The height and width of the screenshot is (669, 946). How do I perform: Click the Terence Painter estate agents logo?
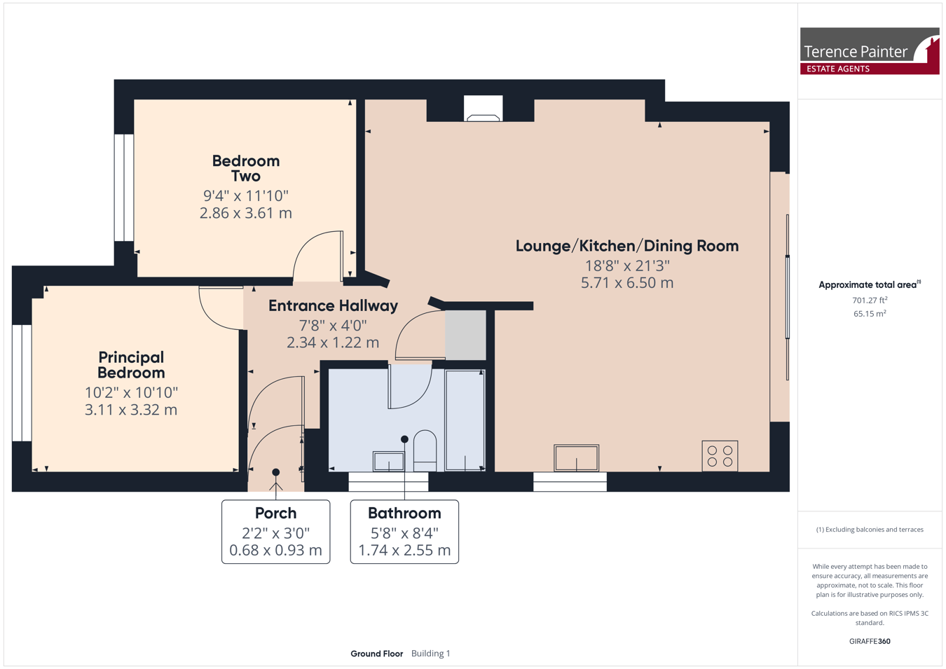870,51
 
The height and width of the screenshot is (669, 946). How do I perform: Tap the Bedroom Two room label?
246,168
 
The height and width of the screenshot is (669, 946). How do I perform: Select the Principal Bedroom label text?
131,365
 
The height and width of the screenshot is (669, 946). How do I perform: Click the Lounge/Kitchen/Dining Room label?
627,246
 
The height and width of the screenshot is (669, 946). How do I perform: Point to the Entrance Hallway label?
334,305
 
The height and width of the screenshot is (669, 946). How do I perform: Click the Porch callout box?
276,532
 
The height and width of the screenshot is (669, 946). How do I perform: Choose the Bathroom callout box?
404,532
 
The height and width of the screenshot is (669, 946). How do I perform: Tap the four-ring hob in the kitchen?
720,456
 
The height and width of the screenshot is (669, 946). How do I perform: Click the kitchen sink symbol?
577,458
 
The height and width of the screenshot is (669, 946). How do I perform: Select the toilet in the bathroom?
425,450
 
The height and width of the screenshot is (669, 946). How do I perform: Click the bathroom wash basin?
388,462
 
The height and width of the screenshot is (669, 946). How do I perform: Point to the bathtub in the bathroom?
465,420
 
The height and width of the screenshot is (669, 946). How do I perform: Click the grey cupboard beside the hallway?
465,335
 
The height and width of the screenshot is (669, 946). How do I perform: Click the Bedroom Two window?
124,188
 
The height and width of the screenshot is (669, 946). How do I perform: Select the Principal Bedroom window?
22,382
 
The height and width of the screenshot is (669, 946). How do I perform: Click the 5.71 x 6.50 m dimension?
627,283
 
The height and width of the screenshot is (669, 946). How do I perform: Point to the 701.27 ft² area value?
870,300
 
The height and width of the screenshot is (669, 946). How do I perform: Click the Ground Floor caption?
377,654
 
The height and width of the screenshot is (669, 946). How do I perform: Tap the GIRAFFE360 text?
870,641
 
